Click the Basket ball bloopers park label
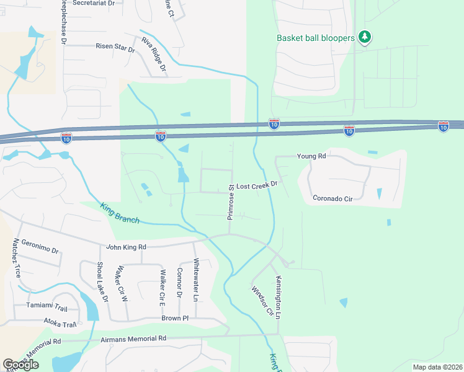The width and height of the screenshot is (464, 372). [x=315, y=38]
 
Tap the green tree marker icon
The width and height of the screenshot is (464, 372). [x=365, y=37]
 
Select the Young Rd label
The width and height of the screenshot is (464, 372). [x=311, y=156]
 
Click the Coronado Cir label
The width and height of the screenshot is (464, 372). [x=332, y=199]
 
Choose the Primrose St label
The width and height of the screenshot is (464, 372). [x=230, y=201]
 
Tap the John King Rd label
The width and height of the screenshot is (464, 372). [x=126, y=247]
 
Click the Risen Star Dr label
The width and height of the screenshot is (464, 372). [x=115, y=46]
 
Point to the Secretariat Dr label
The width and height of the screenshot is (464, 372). [x=94, y=3]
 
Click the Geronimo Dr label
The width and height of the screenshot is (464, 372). [x=40, y=246]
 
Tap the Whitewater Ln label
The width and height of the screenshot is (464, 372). [x=196, y=280]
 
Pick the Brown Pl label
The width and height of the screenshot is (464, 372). [x=174, y=318]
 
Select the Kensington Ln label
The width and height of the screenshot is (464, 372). [x=279, y=297]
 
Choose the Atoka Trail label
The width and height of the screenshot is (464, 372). [x=60, y=322]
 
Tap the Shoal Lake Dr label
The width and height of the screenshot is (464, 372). [x=102, y=281]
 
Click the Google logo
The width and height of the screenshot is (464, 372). [x=20, y=365]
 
